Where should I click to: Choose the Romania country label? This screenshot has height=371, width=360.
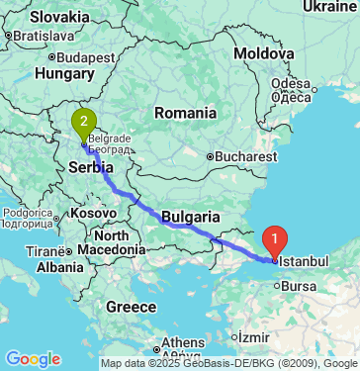(x=184, y=114)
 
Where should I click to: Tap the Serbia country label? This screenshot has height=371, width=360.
(x=89, y=169)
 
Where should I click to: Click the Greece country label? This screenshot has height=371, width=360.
(x=133, y=307)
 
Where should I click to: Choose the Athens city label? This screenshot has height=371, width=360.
(x=182, y=343)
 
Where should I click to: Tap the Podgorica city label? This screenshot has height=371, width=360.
(x=26, y=214)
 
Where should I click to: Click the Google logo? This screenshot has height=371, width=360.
(x=32, y=358)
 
